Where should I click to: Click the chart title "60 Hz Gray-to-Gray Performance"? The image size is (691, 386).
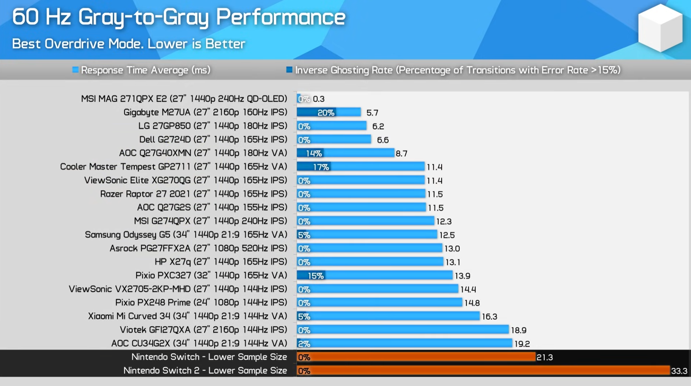[x=178, y=17]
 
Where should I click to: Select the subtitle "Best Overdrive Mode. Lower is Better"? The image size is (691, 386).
[x=129, y=44]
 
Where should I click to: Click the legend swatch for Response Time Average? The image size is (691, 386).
[x=76, y=70]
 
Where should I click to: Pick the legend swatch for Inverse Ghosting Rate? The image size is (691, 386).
[x=289, y=70]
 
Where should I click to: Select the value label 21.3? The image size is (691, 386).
[x=545, y=357]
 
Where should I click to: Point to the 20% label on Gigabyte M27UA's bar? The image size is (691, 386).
[x=326, y=112]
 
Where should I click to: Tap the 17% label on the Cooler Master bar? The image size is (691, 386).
[x=321, y=167]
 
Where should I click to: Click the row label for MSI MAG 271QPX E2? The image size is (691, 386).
[x=184, y=99]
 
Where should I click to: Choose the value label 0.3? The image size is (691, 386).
[x=318, y=99]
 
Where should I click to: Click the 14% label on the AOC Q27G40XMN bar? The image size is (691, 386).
[x=314, y=153]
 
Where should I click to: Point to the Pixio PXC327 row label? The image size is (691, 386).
[x=211, y=275]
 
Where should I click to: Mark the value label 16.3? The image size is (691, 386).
[x=489, y=317]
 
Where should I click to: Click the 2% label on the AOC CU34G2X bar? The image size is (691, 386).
[x=304, y=343]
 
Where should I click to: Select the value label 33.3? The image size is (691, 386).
[x=679, y=371]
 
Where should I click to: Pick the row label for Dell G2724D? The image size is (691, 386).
[x=213, y=140]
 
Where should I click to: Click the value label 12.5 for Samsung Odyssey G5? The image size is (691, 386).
[x=447, y=235]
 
